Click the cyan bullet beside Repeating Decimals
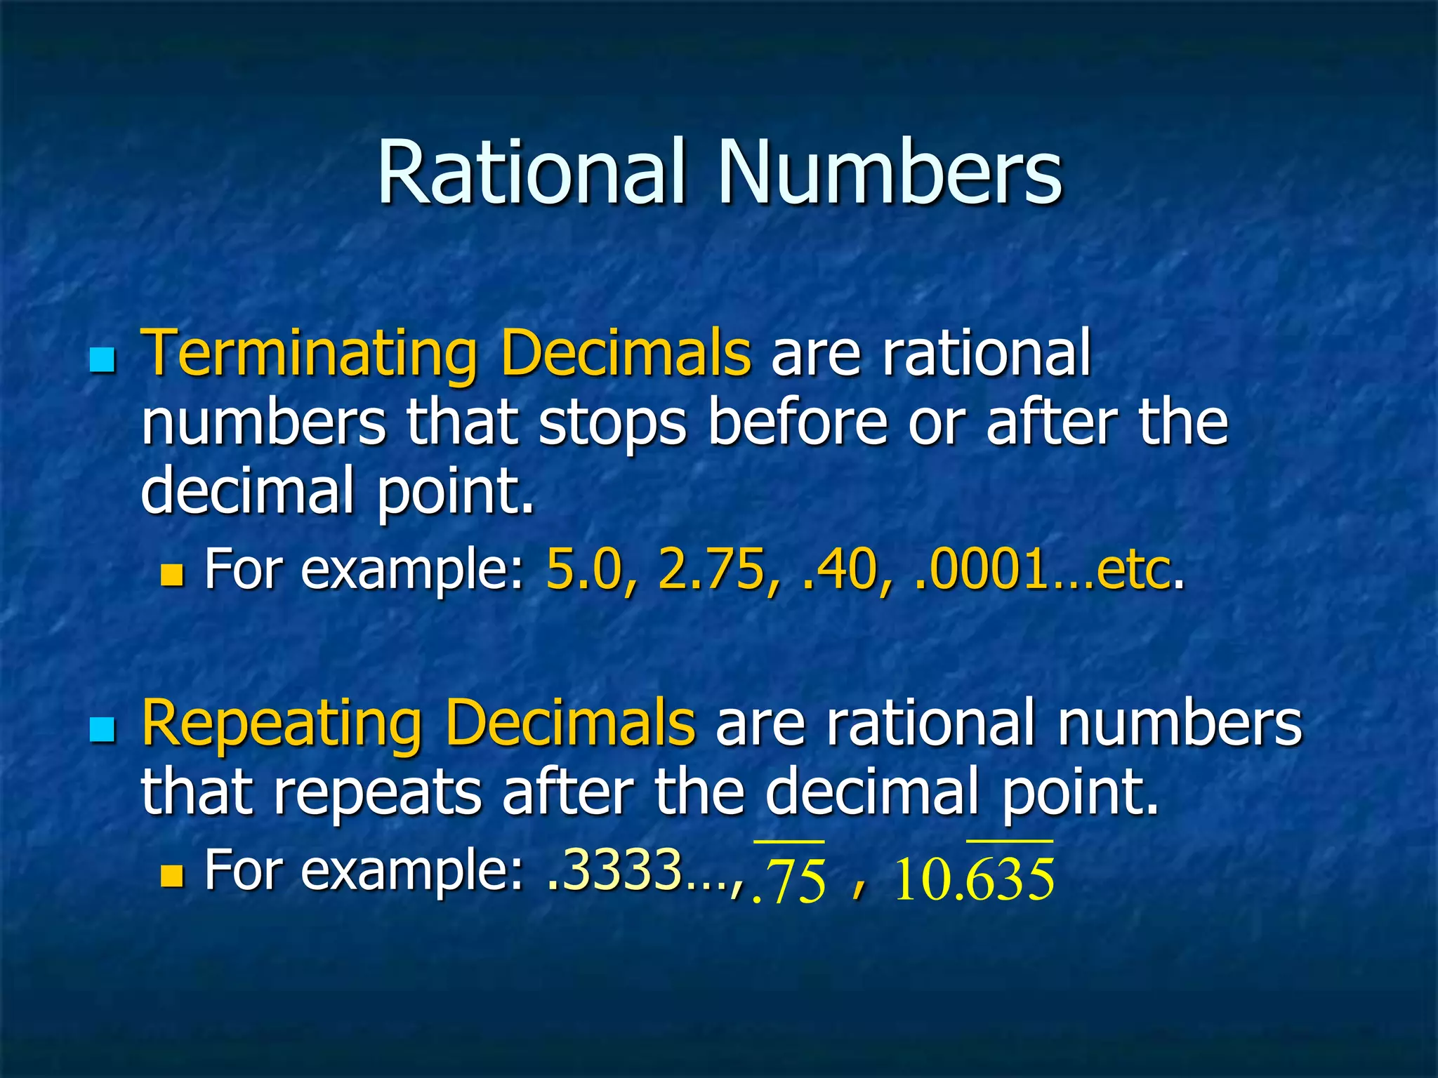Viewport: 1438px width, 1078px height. [103, 730]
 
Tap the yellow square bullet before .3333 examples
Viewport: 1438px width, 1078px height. [171, 876]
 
